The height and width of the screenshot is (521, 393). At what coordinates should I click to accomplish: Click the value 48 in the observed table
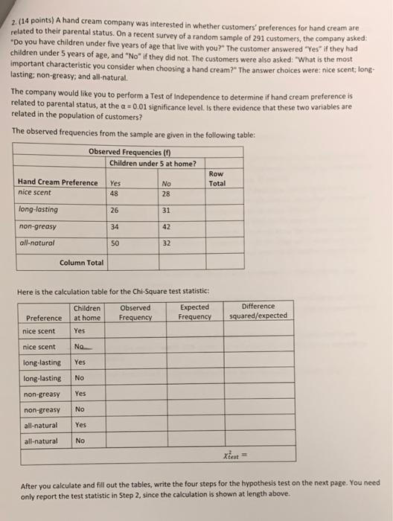pos(115,194)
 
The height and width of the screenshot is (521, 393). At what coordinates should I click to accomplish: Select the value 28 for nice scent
pos(165,194)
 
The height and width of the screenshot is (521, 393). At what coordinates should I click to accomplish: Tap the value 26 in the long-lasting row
pos(115,210)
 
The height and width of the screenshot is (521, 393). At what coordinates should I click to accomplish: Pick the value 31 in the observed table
pos(165,210)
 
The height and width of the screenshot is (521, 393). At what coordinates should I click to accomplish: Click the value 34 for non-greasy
pos(115,226)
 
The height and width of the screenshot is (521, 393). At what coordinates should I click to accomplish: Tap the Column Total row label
pos(82,262)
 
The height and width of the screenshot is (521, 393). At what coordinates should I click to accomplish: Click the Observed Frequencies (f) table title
pos(127,152)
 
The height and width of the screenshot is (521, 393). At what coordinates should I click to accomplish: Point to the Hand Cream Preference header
pos(57,183)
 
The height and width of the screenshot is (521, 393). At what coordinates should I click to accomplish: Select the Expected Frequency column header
pos(196,312)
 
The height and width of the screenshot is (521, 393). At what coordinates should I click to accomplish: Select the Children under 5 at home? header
pos(153,163)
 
